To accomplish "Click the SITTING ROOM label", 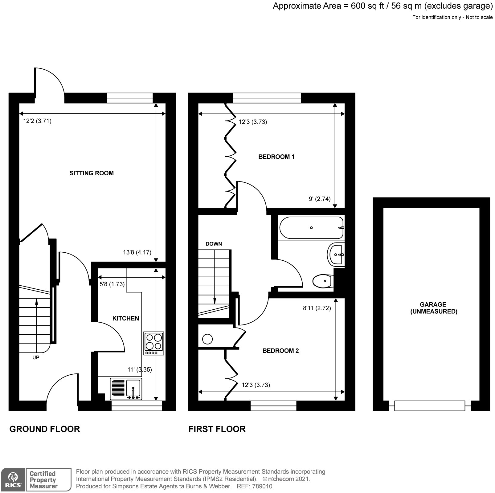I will point(92,173).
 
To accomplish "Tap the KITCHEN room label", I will point(125,318).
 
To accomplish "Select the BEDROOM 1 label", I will point(276,157).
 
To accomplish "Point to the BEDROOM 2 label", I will point(280,351).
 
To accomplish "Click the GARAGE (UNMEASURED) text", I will point(433,308).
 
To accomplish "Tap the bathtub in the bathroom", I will point(311,228).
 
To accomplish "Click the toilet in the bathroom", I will point(322,281).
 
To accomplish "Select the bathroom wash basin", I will point(336,255).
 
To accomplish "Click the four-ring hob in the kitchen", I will point(154,343).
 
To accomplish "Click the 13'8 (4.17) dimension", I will point(137,252).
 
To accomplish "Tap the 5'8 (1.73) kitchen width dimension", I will point(112,284).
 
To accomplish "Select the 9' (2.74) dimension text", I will point(320,199).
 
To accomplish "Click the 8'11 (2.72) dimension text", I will point(317,308).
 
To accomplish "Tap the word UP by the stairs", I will point(36,358).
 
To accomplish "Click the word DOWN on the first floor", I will point(214,244).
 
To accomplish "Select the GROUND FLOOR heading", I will point(45,429).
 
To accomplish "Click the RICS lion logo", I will point(12,479).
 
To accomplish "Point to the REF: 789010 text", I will point(254,487).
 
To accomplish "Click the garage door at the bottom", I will point(429,405).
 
